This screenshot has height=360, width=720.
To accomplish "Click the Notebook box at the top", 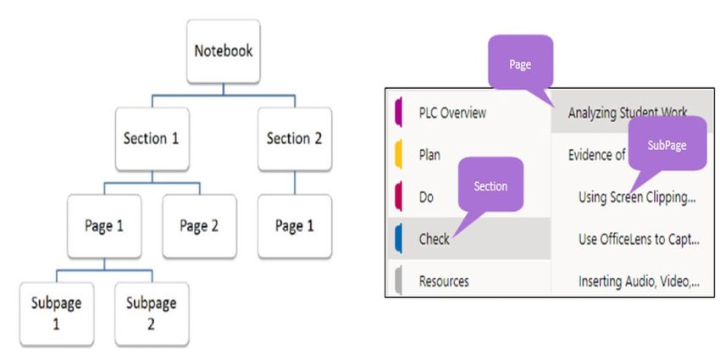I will tap(224, 51).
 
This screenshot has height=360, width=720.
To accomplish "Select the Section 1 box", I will tap(152, 138).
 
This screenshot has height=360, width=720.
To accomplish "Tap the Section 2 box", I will tap(294, 138).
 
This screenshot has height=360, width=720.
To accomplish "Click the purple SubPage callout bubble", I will tap(668, 145).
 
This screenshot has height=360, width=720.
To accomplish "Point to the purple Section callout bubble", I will tap(490, 186).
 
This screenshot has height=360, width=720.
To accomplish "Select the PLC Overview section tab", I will tap(453, 113).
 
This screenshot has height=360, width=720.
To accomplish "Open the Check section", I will tap(434, 239).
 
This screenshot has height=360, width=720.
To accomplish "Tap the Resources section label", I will tap(444, 280).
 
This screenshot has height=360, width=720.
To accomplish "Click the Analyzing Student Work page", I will tap(628, 113).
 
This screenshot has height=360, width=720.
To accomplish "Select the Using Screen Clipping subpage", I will tap(636, 197).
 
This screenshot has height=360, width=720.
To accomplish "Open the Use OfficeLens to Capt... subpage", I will tap(636, 239).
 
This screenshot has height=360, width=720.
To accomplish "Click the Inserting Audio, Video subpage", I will tap(636, 280).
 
